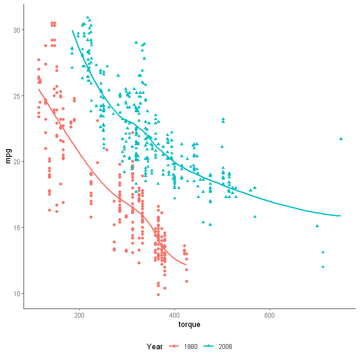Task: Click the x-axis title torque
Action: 189,324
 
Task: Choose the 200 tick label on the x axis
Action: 79,316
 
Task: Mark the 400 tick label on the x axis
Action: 174,316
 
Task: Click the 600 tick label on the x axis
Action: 270,316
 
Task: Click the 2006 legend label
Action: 225,347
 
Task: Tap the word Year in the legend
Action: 154,347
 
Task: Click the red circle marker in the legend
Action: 175,347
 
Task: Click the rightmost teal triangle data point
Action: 341,138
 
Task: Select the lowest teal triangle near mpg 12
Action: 323,267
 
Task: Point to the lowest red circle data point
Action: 158,294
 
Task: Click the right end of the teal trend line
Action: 340,216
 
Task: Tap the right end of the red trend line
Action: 186,265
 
